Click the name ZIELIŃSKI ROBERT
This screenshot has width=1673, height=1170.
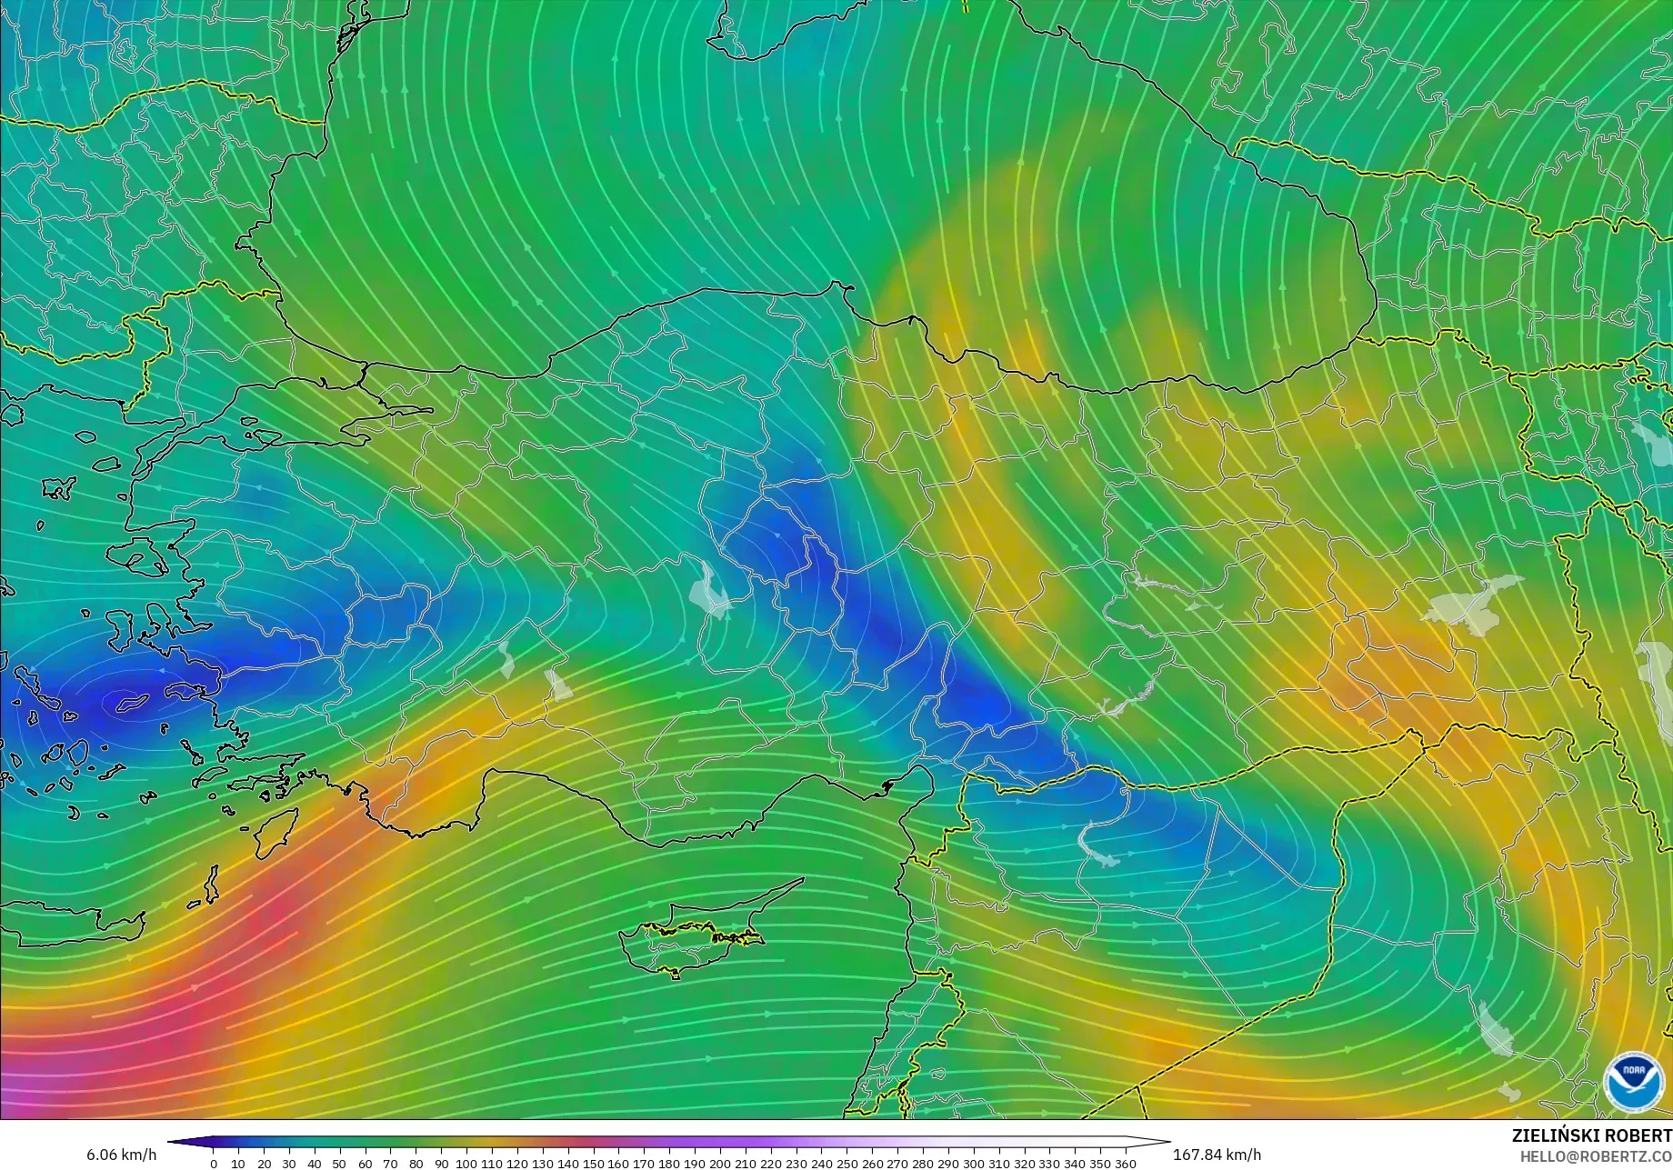pyautogui.click(x=1591, y=1135)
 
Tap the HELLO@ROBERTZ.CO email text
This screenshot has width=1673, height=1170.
pyautogui.click(x=1597, y=1155)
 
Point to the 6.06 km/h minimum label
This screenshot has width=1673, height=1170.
pyautogui.click(x=121, y=1155)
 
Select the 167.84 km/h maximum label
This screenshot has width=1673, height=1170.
pyautogui.click(x=1217, y=1155)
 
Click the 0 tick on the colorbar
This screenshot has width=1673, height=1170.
pyautogui.click(x=214, y=1164)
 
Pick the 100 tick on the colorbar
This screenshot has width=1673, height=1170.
pyautogui.click(x=466, y=1164)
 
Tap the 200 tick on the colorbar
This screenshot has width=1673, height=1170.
pyautogui.click(x=720, y=1164)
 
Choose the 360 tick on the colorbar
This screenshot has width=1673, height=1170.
pyautogui.click(x=1125, y=1164)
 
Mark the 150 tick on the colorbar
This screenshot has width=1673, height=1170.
pyautogui.click(x=593, y=1164)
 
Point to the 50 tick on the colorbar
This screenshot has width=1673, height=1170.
pyautogui.click(x=340, y=1164)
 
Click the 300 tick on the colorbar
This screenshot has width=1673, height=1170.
pyautogui.click(x=973, y=1164)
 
